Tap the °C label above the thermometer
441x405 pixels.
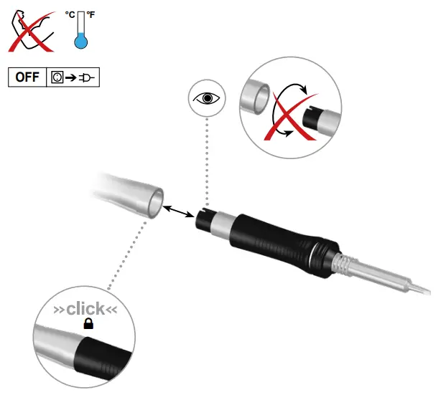(x=69, y=13)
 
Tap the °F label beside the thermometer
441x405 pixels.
(x=91, y=13)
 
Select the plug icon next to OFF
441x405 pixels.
(x=88, y=77)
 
